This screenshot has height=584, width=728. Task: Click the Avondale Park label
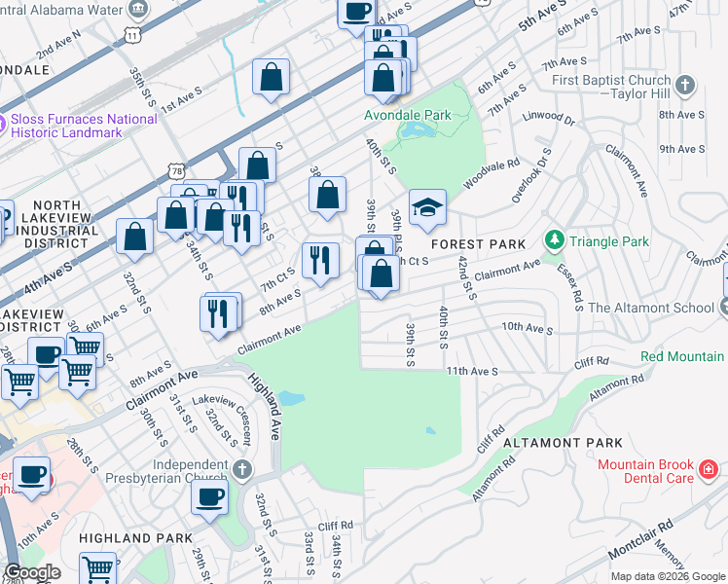[408, 115]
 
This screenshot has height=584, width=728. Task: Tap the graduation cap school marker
[427, 208]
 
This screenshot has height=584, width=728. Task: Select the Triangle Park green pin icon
[555, 239]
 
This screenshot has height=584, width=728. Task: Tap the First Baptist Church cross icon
[685, 87]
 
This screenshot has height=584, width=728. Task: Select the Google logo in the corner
[32, 572]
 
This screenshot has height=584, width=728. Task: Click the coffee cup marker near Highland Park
[208, 499]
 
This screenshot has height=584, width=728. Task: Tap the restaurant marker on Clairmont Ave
[221, 312]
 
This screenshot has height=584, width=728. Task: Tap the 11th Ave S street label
[472, 371]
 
